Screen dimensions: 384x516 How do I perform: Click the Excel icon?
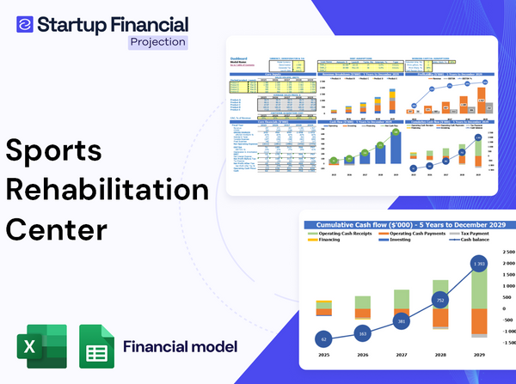coord(40,348)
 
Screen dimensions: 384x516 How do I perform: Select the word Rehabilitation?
coord(107,191)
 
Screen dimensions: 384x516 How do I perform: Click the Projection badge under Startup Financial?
coord(157,41)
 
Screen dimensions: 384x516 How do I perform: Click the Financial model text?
coord(181,347)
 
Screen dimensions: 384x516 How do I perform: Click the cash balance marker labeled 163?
coord(361,332)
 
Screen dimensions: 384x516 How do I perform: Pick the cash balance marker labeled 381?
coord(401,321)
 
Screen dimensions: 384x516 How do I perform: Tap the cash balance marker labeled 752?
coord(439,302)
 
